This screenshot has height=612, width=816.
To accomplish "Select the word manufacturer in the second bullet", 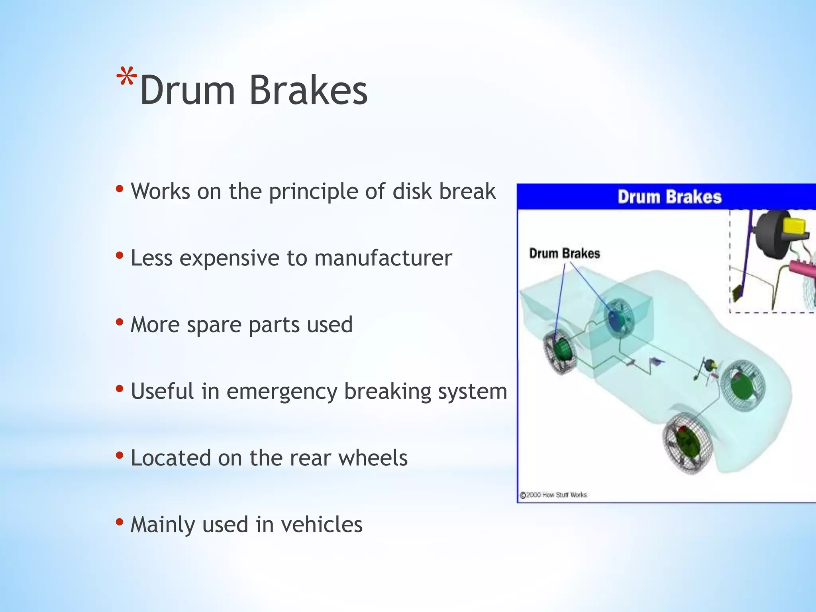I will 383,258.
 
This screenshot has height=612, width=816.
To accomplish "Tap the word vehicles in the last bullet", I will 322,524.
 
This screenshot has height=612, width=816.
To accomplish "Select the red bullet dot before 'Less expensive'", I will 119,255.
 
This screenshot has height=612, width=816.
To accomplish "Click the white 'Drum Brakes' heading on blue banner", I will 669,197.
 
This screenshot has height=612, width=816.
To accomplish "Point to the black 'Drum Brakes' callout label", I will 564,253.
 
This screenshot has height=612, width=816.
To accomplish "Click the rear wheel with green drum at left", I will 559,351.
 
